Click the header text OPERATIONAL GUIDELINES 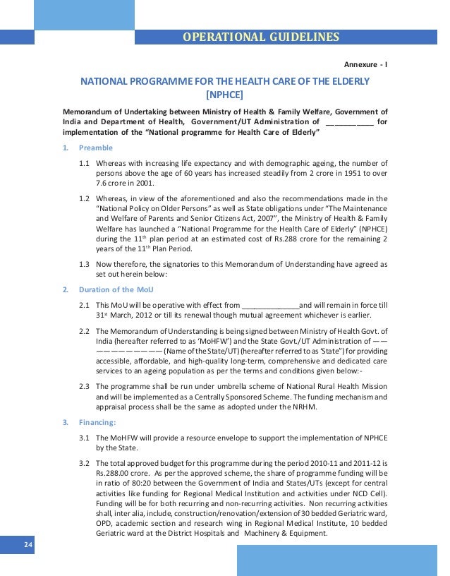click(261, 37)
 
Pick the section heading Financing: click(97, 423)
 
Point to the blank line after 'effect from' click(270, 305)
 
